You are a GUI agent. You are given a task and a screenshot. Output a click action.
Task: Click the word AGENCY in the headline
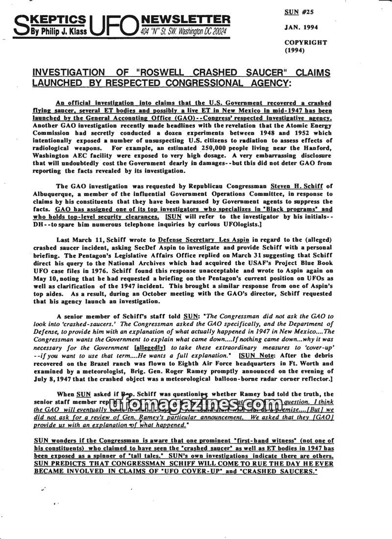coord(263,83)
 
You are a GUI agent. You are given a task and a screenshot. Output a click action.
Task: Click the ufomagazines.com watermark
coord(196,405)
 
